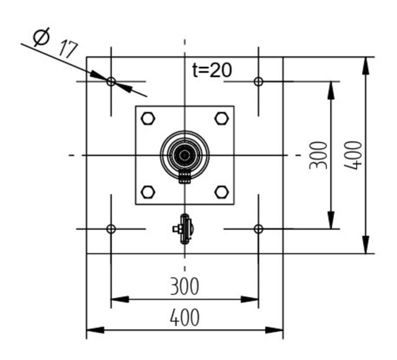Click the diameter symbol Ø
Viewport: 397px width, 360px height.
(40, 38)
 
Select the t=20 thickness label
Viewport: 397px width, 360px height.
(212, 70)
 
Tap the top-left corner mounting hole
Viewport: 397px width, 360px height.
(111, 81)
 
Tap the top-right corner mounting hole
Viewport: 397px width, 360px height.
(259, 81)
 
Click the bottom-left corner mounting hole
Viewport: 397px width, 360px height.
(111, 229)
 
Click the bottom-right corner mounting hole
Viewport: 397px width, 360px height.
(259, 229)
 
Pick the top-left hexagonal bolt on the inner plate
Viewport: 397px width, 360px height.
(148, 118)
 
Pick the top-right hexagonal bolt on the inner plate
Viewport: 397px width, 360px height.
(221, 118)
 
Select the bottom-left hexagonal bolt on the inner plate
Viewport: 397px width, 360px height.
(148, 191)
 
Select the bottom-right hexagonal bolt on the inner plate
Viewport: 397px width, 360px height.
(221, 191)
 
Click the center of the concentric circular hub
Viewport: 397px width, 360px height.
(184, 154)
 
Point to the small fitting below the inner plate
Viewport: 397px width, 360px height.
(184, 229)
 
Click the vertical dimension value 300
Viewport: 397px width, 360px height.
(318, 155)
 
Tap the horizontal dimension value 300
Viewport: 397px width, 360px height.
(184, 286)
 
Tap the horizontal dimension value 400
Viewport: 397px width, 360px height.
(184, 317)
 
